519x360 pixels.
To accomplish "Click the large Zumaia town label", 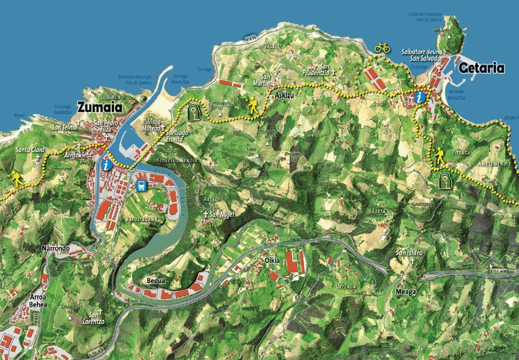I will pyautogui.click(x=99, y=108).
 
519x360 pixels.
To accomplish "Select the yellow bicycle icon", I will pyautogui.click(x=382, y=47).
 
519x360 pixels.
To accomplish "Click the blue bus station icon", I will pyautogui.click(x=142, y=186).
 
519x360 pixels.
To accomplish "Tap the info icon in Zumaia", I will pyautogui.click(x=106, y=166).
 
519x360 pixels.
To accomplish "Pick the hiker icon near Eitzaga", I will pyautogui.click(x=439, y=157).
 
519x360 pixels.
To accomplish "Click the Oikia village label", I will pyautogui.click(x=271, y=261).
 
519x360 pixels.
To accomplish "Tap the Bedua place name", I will pyautogui.click(x=155, y=281).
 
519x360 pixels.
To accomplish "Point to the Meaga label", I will pyautogui.click(x=407, y=292).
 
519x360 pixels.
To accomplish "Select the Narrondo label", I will pyautogui.click(x=56, y=248).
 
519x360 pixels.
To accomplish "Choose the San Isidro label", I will pyautogui.click(x=409, y=254).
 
